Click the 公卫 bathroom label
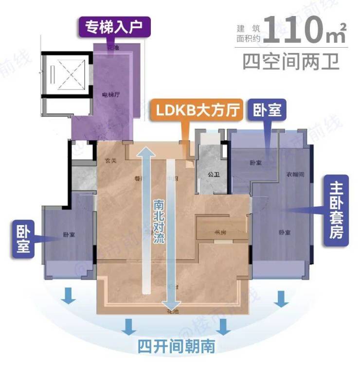(211, 174)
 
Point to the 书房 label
(220, 232)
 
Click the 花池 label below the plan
(172, 309)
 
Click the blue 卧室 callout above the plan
(267, 111)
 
